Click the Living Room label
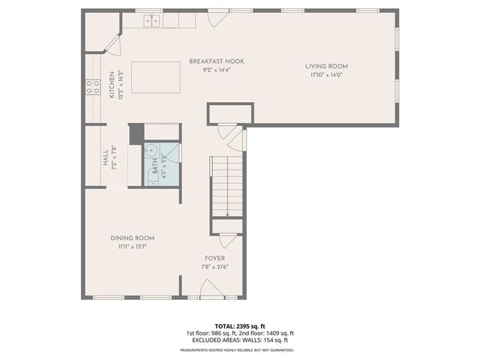[x=326, y=66]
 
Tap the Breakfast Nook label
[x=216, y=61]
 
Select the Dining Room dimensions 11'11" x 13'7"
[x=135, y=246]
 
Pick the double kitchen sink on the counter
[x=153, y=21]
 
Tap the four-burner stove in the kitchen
[x=93, y=87]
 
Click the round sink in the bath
[x=149, y=148]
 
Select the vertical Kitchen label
[x=113, y=85]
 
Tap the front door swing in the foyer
[x=211, y=289]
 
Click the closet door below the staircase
[x=226, y=241]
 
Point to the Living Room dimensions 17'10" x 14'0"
[x=326, y=74]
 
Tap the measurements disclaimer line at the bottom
[x=236, y=350]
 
